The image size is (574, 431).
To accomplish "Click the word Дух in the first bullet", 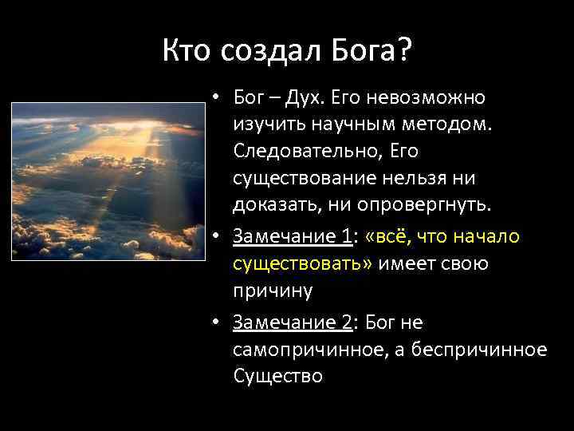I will click(305, 97).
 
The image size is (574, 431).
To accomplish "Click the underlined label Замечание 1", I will click(293, 237).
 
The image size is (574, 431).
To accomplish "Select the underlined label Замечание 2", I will click(293, 322).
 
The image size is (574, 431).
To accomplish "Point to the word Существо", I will click(277, 376).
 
